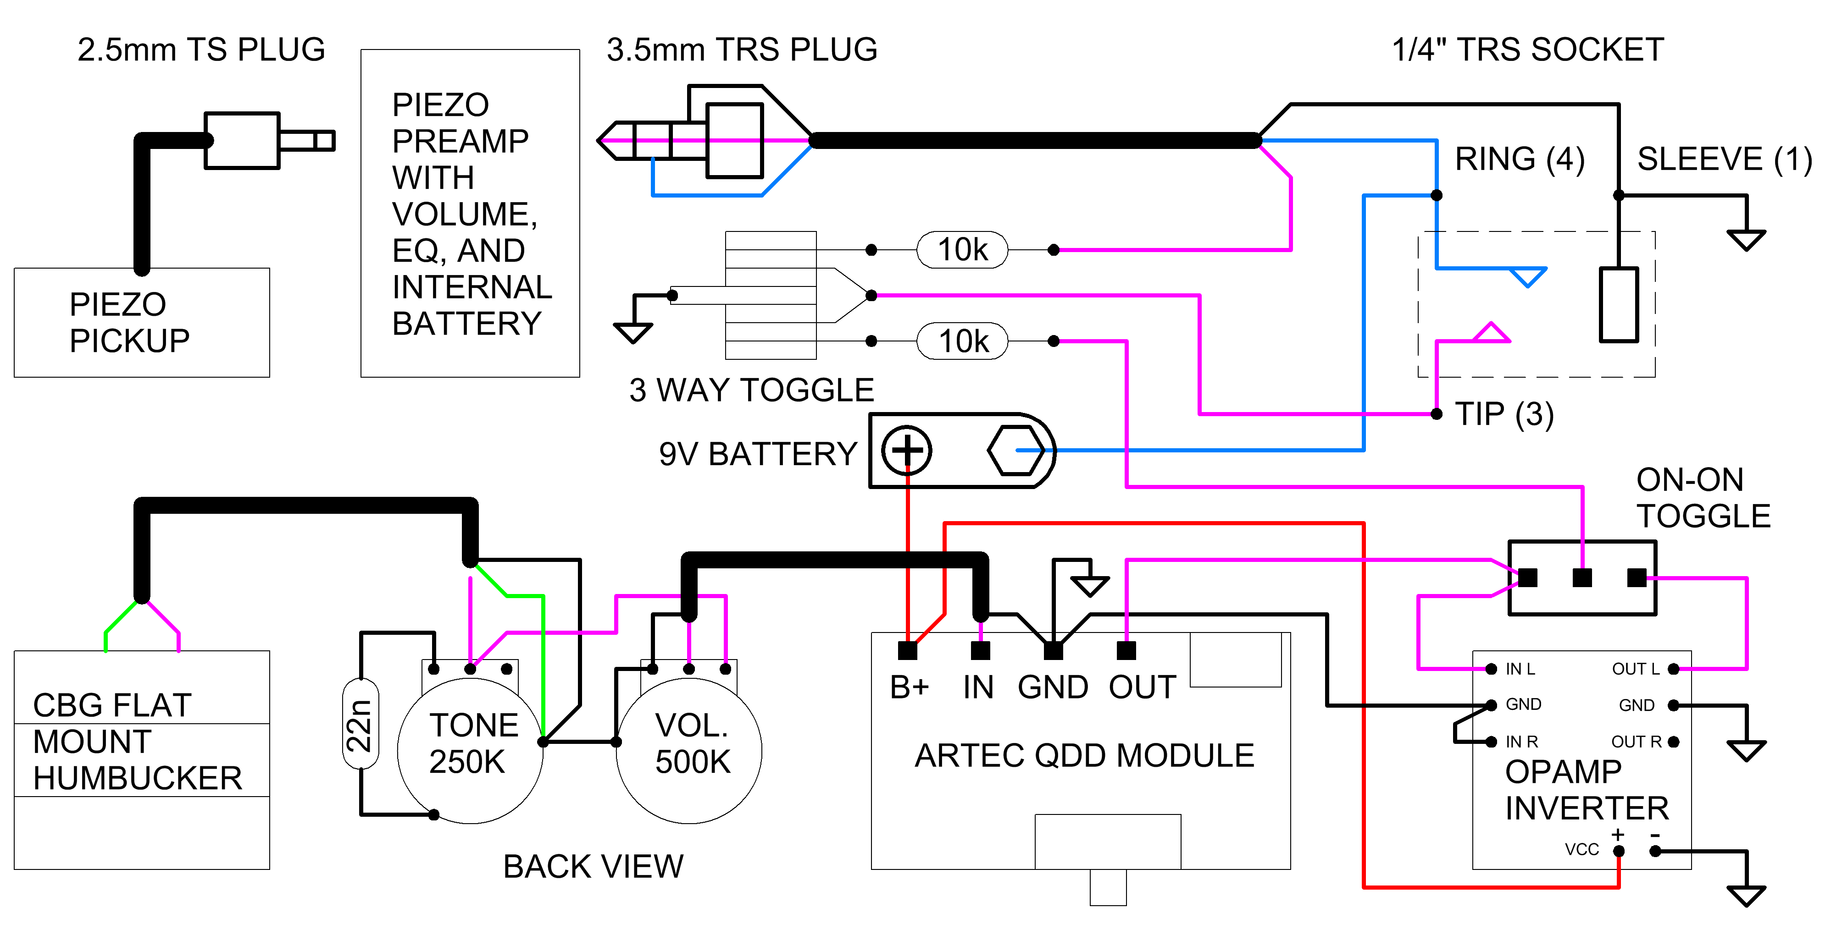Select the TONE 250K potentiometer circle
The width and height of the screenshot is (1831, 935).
(x=471, y=749)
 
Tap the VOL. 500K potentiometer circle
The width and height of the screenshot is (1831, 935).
(x=689, y=749)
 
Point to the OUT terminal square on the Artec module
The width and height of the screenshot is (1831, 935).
(x=1126, y=650)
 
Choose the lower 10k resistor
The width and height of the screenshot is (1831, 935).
(x=962, y=341)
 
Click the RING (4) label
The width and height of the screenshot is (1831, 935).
(x=1520, y=159)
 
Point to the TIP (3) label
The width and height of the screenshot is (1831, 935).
(x=1504, y=414)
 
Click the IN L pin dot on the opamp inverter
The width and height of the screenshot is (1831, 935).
(x=1491, y=669)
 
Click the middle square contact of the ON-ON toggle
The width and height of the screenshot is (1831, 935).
(x=1582, y=577)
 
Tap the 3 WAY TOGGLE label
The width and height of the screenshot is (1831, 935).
(x=751, y=390)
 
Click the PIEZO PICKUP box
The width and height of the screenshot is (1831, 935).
(x=141, y=323)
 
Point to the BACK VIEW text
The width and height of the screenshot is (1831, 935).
(x=593, y=867)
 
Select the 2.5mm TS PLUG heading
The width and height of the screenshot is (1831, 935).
(x=201, y=50)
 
